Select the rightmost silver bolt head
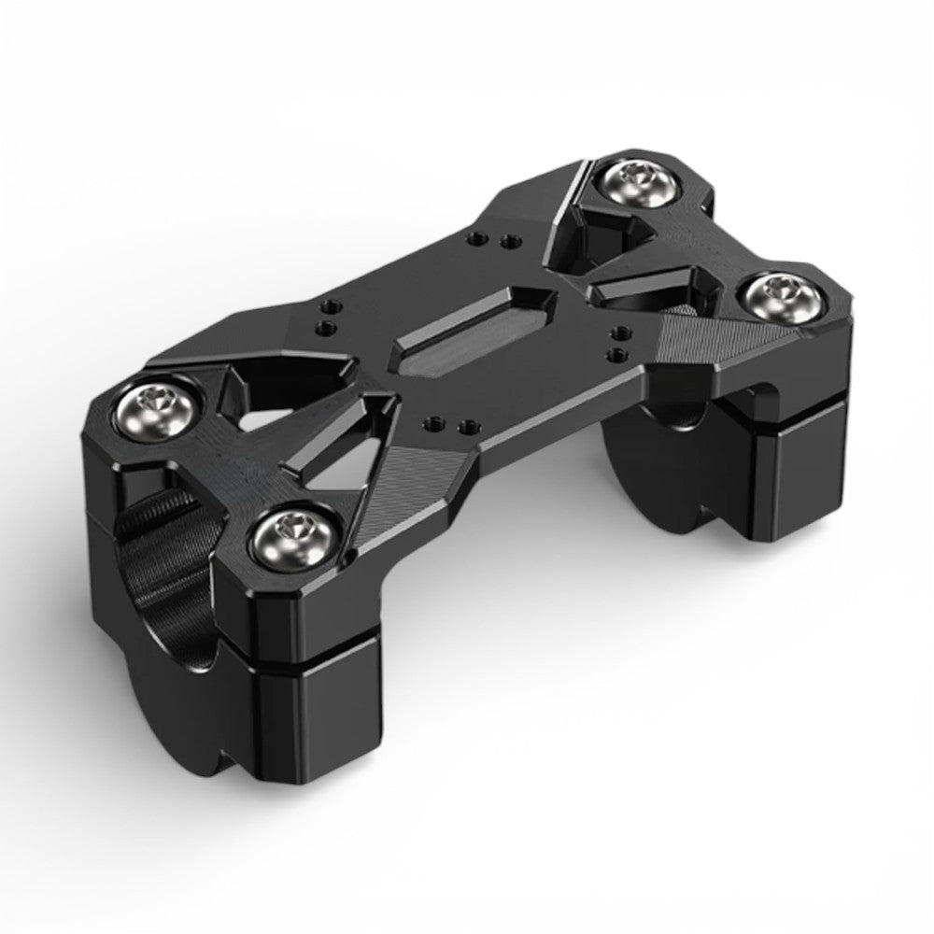coord(784,297)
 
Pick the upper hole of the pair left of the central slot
coord(329,306)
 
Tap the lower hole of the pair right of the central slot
coord(614,353)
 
